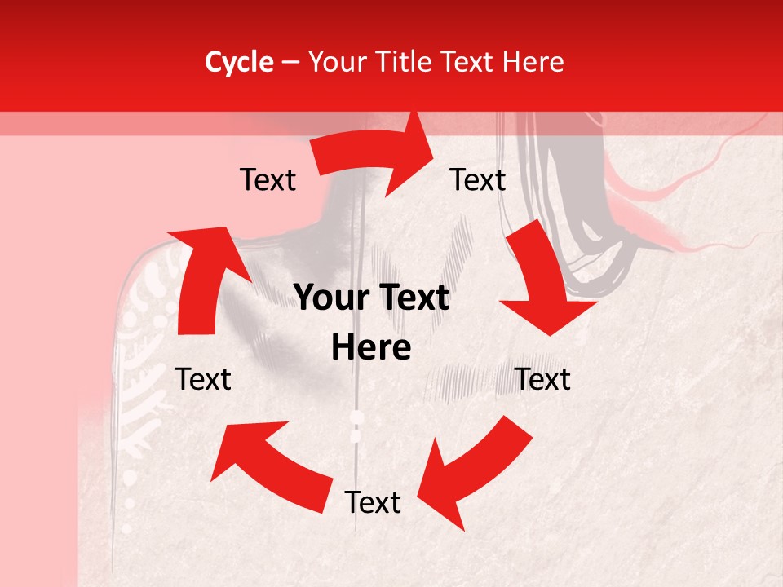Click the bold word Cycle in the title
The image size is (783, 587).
(x=239, y=62)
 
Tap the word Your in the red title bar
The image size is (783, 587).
(x=334, y=62)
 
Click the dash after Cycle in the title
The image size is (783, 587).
(x=289, y=63)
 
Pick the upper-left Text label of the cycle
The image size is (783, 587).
(x=268, y=180)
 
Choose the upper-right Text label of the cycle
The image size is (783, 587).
(x=478, y=180)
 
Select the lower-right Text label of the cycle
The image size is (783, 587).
(x=543, y=379)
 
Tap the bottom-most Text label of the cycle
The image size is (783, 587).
(x=373, y=503)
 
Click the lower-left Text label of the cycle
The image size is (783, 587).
(x=203, y=379)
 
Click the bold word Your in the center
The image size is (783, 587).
(x=330, y=298)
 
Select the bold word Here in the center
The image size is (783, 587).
(x=371, y=348)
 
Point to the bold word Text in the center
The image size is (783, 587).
(x=413, y=298)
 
